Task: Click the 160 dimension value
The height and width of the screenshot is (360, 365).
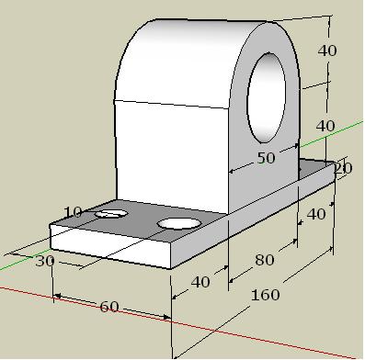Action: (x=266, y=296)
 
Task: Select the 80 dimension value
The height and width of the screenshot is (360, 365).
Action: (x=265, y=261)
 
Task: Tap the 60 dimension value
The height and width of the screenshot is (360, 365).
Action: (x=109, y=307)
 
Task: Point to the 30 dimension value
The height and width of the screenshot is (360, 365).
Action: (x=45, y=262)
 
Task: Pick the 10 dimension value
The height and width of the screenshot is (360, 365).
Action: (x=73, y=213)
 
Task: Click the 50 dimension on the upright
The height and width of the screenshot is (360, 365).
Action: (x=265, y=158)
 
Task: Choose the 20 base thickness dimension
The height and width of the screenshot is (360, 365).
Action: (x=343, y=168)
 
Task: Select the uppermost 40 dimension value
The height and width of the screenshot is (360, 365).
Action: (x=327, y=51)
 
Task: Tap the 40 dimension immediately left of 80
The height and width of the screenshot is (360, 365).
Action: (x=200, y=282)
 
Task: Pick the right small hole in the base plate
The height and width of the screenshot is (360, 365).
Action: (x=179, y=223)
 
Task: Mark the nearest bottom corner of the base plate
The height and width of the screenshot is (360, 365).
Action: (x=172, y=268)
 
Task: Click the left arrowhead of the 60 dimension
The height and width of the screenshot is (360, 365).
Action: (x=57, y=297)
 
